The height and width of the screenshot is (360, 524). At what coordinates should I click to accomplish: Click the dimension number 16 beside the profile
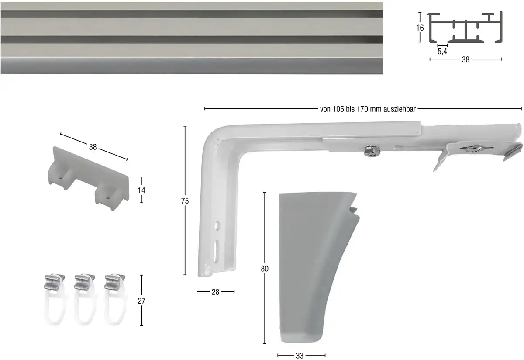[x=420, y=28]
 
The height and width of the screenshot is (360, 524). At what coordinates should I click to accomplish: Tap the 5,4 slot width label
[x=442, y=52]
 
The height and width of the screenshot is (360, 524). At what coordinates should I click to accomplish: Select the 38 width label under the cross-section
[x=465, y=60]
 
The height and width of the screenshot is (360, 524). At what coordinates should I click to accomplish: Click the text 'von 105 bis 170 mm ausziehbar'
[x=368, y=109]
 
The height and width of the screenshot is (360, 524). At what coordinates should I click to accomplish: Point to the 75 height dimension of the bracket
[x=185, y=201]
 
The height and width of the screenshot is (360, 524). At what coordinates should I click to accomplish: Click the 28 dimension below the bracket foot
[x=215, y=292]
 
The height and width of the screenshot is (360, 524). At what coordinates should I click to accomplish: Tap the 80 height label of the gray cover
[x=265, y=269]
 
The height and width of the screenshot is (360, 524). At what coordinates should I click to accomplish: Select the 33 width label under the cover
[x=300, y=356]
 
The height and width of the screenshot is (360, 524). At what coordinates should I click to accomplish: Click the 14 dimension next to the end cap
[x=141, y=190]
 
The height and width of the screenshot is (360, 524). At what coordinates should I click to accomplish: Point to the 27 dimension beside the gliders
[x=141, y=301]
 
